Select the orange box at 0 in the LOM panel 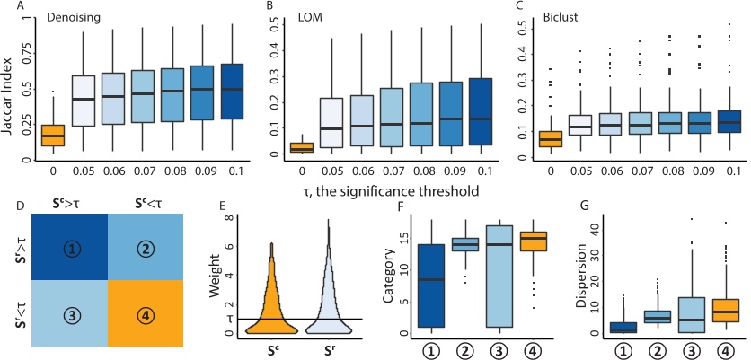(x=300, y=147)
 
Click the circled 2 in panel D (x=154, y=243)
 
